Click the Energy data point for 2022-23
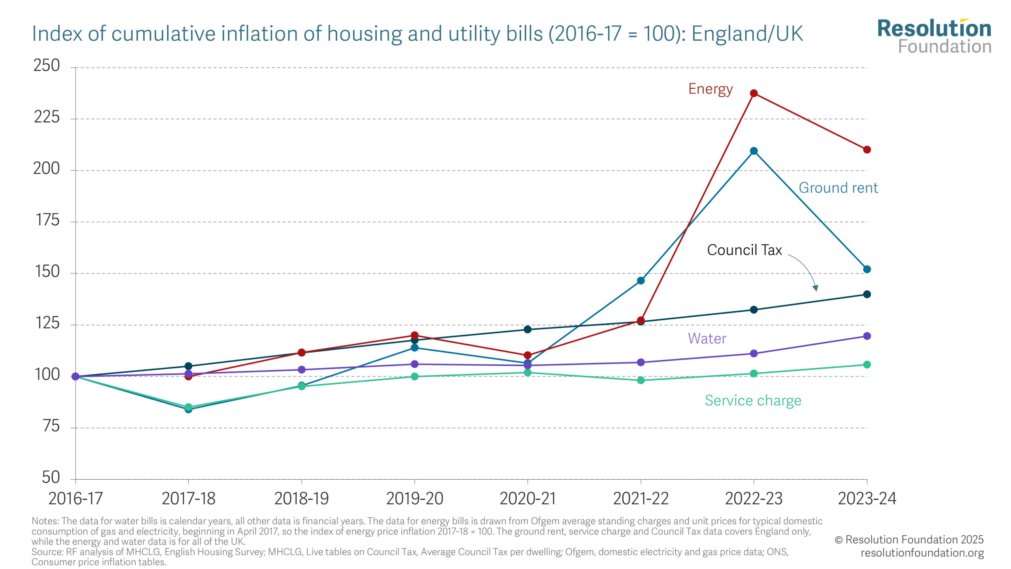coord(754,93)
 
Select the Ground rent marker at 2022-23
coord(754,151)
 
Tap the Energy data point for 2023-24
coord(867,150)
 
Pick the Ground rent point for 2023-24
coord(867,269)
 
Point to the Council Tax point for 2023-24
coord(867,294)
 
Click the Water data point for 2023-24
coord(867,336)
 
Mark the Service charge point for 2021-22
coord(641,380)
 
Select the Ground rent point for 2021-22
coord(641,281)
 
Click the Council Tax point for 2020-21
coord(528,329)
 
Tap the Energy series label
coord(710,89)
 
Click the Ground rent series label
coord(838,188)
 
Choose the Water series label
coord(707,339)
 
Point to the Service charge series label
coord(753,401)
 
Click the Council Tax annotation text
coord(744,250)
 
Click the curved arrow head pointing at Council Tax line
coord(815,288)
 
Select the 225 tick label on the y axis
coord(47,117)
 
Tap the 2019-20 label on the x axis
coord(415,499)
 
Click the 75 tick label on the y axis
coord(51,426)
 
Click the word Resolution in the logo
coord(934,28)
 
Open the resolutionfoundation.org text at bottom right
coord(922,553)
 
